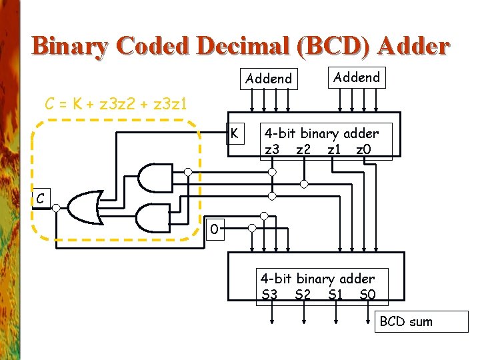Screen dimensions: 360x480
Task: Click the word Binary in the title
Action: coord(70,47)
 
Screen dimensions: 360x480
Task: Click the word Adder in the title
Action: coord(413,47)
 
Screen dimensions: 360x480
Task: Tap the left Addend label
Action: coord(269,79)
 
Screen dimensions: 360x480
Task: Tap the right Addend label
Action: coord(357,77)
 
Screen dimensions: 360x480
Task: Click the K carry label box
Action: coord(235,133)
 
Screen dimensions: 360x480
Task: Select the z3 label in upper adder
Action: coord(272,149)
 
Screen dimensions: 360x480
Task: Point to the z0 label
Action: coord(363,149)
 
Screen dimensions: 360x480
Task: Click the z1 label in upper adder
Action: coord(335,149)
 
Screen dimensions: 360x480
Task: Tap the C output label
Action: coord(41,198)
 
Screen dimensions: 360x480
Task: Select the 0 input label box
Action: coord(213,229)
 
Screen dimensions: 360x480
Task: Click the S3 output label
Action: coord(269,294)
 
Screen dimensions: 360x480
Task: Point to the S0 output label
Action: coord(367,294)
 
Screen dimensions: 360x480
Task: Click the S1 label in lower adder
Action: coord(336,294)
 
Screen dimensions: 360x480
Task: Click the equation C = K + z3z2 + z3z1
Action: coord(115,103)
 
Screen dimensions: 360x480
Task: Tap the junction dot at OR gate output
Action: coord(56,208)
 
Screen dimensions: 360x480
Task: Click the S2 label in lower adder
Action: coord(303,294)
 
